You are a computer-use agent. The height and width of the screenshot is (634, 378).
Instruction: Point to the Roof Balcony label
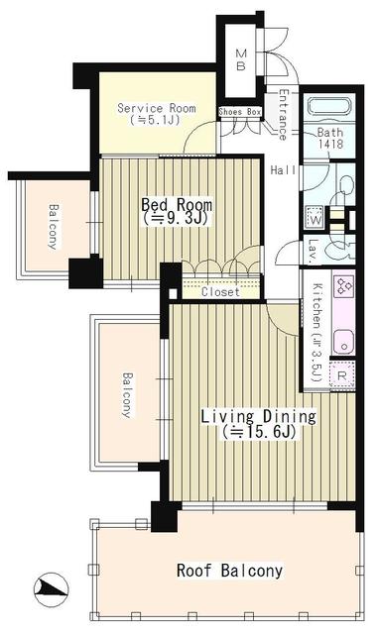(230, 571)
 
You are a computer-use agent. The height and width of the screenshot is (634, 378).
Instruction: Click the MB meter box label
(241, 59)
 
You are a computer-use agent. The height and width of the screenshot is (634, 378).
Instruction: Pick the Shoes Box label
(240, 112)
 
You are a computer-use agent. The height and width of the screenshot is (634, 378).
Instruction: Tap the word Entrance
(283, 115)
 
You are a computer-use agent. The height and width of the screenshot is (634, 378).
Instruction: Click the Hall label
(283, 170)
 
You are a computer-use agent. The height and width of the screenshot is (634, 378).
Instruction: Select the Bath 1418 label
(330, 138)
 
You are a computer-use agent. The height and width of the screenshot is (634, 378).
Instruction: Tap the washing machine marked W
(315, 217)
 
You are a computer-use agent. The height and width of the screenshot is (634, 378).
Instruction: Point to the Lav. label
(313, 251)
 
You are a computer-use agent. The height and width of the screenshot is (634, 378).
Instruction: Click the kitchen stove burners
(343, 286)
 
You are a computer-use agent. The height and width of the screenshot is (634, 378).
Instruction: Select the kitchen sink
(344, 343)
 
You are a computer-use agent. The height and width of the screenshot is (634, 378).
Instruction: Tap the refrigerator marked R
(341, 375)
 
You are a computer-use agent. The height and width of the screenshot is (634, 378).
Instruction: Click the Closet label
(220, 291)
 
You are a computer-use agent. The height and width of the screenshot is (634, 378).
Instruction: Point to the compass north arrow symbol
(51, 590)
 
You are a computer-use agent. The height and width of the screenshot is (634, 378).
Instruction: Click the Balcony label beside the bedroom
(53, 227)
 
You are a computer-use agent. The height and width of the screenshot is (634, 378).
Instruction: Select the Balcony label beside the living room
(127, 395)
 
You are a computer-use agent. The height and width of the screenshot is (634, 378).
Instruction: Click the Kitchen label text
(317, 333)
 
